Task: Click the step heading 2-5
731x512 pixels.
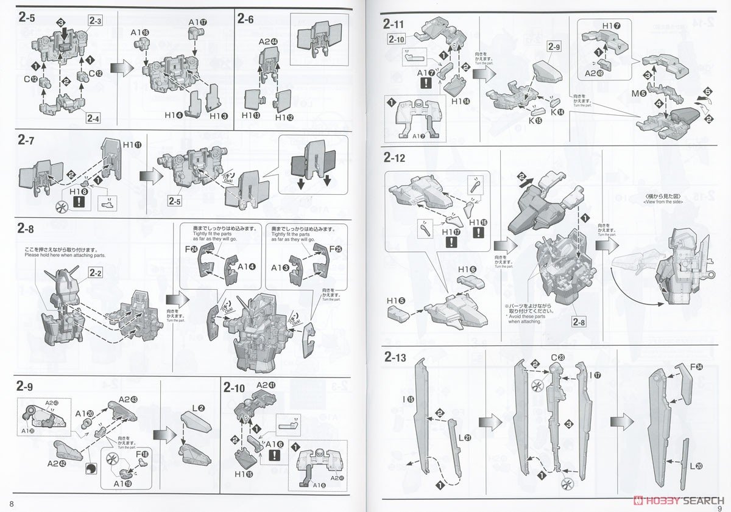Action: [x=27, y=18]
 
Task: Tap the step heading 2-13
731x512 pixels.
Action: [x=395, y=357]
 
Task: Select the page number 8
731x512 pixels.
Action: [x=12, y=503]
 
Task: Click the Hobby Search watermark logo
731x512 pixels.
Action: [x=679, y=500]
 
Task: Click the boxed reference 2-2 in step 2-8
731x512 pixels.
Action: [x=96, y=273]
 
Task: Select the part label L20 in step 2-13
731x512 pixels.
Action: [x=697, y=466]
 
